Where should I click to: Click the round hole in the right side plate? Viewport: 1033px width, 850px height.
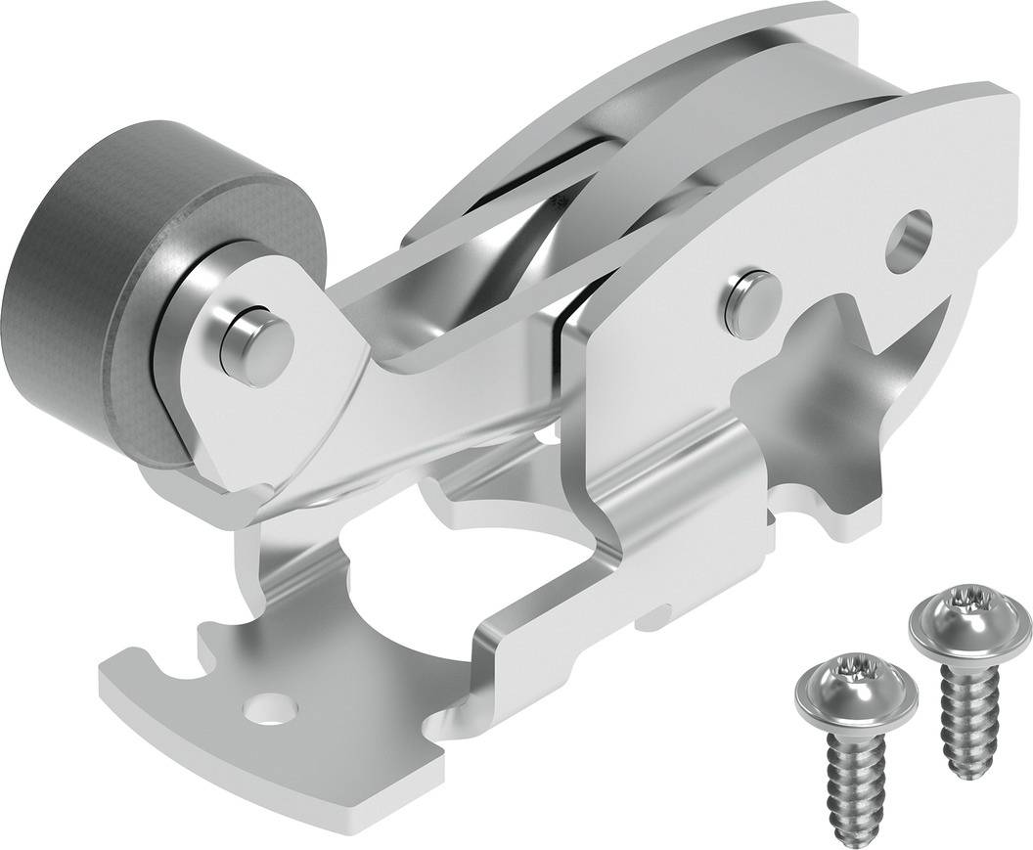(x=909, y=241)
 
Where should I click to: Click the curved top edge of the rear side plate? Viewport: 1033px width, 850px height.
(x=587, y=108)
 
